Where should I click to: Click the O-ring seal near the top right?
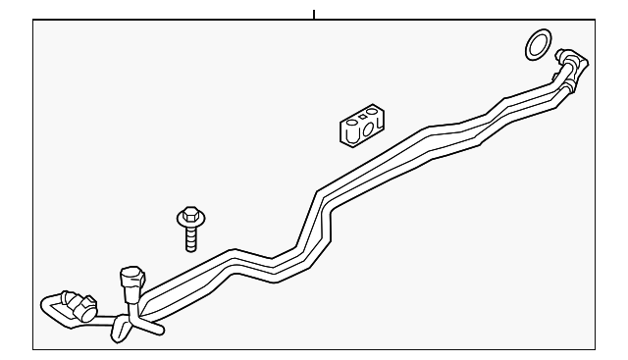(537, 43)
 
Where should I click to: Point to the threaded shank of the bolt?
(190, 238)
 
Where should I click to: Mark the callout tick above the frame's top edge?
(314, 15)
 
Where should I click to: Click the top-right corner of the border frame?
(595, 23)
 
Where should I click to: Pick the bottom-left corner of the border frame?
(33, 348)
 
